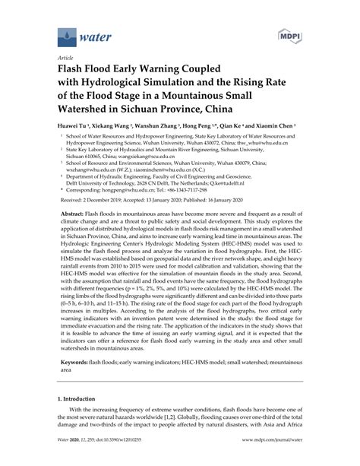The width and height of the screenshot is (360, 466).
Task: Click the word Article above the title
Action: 66,55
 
